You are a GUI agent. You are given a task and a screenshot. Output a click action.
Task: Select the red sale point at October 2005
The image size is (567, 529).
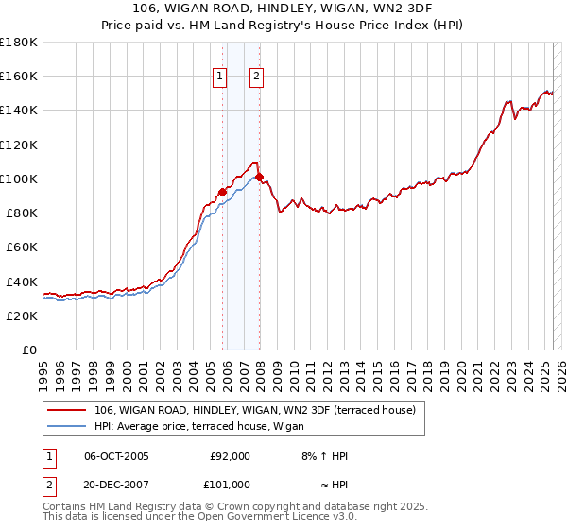[x=223, y=192]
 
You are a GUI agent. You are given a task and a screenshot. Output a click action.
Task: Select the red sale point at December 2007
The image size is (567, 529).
[x=259, y=177]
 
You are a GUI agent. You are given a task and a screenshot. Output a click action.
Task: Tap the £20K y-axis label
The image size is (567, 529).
[x=22, y=316]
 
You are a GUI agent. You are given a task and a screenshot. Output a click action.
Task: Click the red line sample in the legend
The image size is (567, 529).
[x=67, y=410]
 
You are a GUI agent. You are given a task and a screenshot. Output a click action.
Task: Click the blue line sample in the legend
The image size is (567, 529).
[x=67, y=426]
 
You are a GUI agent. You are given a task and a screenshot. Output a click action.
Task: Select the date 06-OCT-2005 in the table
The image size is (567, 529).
[x=116, y=456]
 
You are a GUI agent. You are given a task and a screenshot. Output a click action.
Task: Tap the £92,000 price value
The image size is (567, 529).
[x=230, y=456]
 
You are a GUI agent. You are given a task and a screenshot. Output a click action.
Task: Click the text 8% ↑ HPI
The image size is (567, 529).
[x=323, y=456]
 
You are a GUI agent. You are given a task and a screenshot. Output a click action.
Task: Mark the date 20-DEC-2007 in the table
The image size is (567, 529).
[x=116, y=485]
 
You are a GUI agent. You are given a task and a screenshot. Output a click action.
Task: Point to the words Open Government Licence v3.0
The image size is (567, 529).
[x=283, y=517]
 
